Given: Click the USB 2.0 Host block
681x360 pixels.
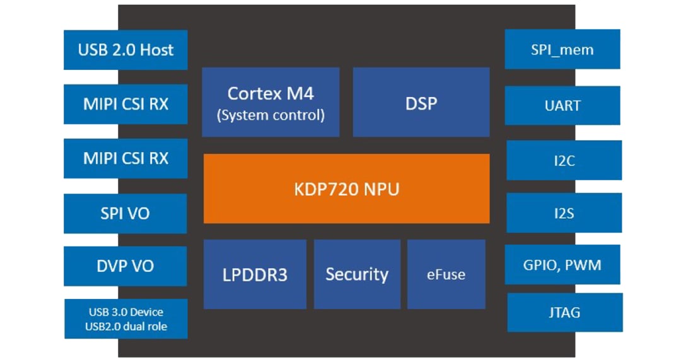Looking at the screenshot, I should [x=125, y=50].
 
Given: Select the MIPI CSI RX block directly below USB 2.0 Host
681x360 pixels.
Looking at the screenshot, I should [x=125, y=104].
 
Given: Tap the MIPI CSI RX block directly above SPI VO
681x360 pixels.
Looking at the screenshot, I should [x=125, y=158].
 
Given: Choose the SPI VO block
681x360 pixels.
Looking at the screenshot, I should [x=125, y=213].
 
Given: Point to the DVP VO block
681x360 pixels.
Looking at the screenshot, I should [x=125, y=266].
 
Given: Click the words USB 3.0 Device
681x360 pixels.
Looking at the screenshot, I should [x=126, y=312].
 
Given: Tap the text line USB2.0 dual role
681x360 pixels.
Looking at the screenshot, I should [x=126, y=326].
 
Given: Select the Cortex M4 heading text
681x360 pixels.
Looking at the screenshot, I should [x=271, y=93].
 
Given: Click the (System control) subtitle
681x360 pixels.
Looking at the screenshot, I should [x=271, y=115].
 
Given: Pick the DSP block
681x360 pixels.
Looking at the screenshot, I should [x=421, y=102].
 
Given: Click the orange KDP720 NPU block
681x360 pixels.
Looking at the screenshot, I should [x=346, y=189].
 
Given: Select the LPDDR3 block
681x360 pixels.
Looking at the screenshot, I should [x=255, y=274].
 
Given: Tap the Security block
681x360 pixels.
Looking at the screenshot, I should [x=357, y=274].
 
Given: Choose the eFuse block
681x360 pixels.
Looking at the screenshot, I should [x=446, y=274].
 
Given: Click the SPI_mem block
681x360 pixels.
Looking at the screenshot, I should [x=562, y=49].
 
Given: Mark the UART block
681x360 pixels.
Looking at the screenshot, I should [x=562, y=105].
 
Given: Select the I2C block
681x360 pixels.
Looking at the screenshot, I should [x=564, y=160].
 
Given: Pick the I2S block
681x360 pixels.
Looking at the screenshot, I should [x=564, y=213].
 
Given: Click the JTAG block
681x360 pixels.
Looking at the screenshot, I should [x=564, y=312].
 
